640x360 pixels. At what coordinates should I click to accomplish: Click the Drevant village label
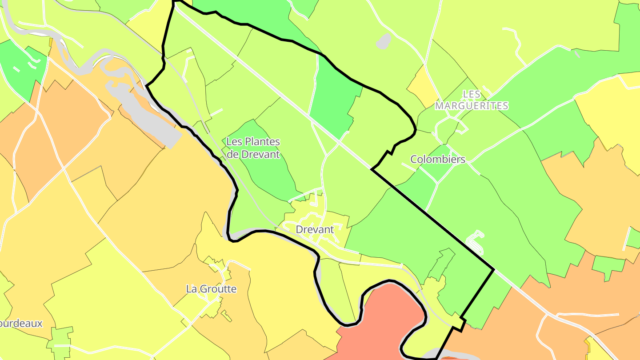[315, 230]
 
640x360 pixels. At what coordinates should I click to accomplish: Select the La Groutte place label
[211, 289]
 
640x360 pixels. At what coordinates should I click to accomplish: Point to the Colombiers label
[438, 159]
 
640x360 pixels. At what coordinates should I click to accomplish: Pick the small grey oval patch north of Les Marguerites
[383, 41]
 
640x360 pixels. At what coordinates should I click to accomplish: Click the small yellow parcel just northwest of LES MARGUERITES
[423, 87]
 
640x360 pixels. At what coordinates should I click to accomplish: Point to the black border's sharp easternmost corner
[494, 269]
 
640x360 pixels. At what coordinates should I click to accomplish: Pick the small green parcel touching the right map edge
[633, 238]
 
